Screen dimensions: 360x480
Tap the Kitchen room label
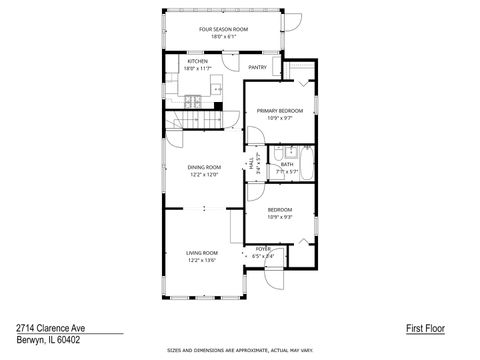pyautogui.click(x=198, y=61)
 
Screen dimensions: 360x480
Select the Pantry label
pyautogui.click(x=257, y=68)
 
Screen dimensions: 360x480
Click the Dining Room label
pyautogui.click(x=203, y=167)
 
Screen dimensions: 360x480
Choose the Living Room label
pyautogui.click(x=201, y=253)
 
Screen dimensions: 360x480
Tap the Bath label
pyautogui.click(x=287, y=164)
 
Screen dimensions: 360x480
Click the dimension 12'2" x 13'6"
pyautogui.click(x=201, y=260)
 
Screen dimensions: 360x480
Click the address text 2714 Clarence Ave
pyautogui.click(x=50, y=327)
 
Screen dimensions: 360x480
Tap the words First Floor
pyautogui.click(x=425, y=327)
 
